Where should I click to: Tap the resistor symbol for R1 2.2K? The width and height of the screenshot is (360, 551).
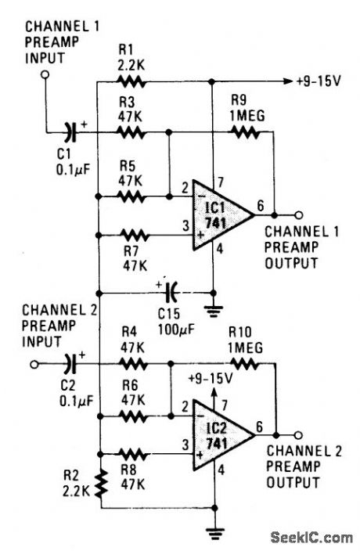[x=131, y=81]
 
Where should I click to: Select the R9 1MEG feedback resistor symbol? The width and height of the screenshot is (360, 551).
[x=245, y=134]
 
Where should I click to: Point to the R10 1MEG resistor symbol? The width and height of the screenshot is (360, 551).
[x=246, y=363]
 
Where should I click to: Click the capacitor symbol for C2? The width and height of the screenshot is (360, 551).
[x=73, y=363]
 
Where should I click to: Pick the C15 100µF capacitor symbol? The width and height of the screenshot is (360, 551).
[x=172, y=294]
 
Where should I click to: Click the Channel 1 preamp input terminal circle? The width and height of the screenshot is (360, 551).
[x=46, y=74]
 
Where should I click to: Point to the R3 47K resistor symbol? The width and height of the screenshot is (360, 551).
[x=131, y=134]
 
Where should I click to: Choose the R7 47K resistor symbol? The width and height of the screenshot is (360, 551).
[x=131, y=233]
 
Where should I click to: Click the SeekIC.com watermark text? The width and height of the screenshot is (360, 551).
[x=311, y=537]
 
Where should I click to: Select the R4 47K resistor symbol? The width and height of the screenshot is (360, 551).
[x=131, y=363]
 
